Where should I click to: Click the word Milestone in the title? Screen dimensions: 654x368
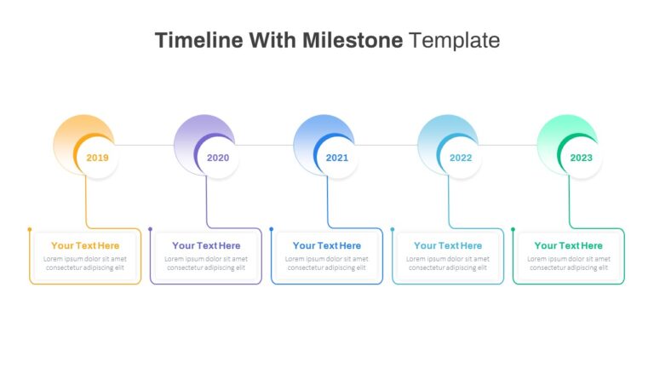[353, 41]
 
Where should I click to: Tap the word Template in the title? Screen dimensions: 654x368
[454, 41]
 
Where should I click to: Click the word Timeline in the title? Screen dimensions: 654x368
[199, 41]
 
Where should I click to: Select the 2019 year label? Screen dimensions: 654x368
[97, 158]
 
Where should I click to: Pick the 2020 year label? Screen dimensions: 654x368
[218, 158]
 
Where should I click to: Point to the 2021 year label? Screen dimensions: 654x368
[337, 158]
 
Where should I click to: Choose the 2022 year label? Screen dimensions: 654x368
[461, 158]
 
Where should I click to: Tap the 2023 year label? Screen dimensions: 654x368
[582, 158]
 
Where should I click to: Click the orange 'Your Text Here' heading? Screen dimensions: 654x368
[85, 245]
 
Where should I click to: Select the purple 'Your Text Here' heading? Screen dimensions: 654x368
[206, 245]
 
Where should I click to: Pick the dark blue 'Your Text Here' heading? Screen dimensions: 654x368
[327, 245]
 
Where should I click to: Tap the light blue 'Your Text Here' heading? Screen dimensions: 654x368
[448, 245]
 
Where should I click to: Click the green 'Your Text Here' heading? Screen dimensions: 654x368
[569, 245]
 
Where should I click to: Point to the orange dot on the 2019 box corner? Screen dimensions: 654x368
[30, 229]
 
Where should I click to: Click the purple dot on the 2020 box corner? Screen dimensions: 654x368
[150, 229]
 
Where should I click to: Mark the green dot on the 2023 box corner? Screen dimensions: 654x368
[513, 229]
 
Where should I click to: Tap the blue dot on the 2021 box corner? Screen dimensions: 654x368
[271, 229]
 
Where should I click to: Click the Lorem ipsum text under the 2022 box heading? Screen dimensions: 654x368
[448, 263]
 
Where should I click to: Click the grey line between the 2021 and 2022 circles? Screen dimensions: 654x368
[386, 145]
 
